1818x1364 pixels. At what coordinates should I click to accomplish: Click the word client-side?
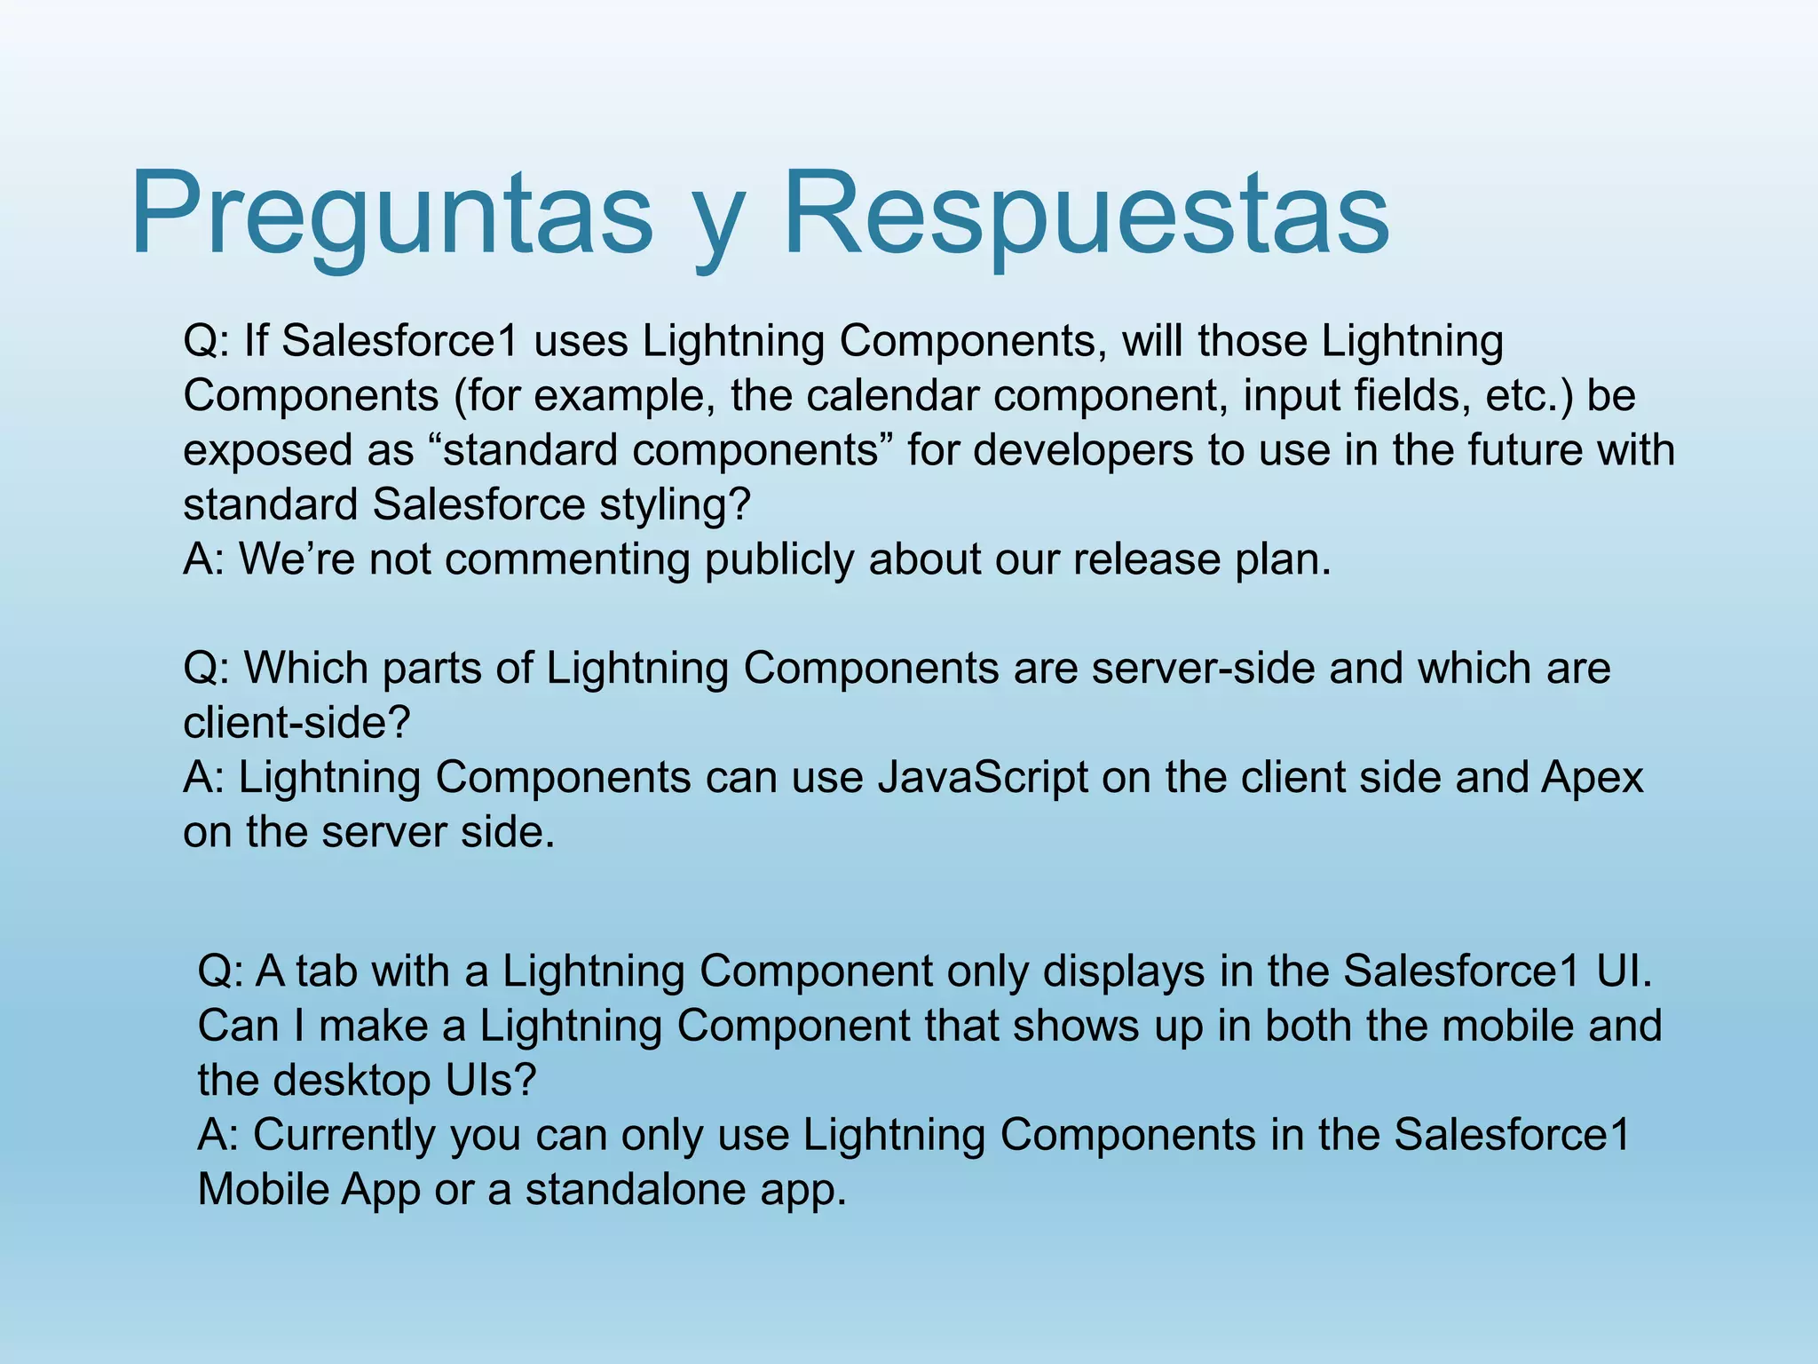click(x=296, y=723)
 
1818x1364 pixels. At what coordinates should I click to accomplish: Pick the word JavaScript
click(x=983, y=777)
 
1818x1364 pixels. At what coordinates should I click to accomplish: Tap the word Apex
click(x=1593, y=777)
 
